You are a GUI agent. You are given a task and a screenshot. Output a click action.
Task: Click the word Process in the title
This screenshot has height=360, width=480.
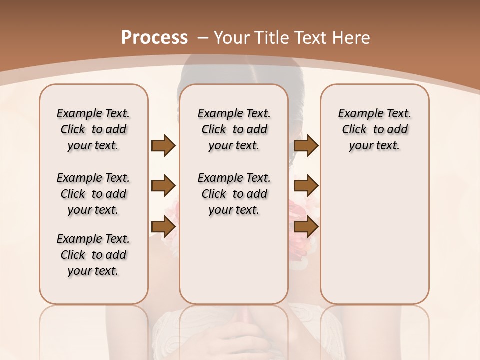click(154, 38)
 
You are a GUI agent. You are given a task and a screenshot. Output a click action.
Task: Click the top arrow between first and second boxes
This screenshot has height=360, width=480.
click(163, 146)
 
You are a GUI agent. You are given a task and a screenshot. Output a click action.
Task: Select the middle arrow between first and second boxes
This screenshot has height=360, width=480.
click(163, 186)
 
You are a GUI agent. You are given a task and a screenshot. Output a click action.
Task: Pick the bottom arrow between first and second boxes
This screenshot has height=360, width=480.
click(163, 227)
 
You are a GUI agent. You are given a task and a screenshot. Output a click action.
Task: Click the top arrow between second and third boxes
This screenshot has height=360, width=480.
click(306, 146)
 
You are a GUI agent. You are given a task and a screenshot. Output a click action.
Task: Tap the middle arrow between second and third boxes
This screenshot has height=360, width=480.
click(306, 186)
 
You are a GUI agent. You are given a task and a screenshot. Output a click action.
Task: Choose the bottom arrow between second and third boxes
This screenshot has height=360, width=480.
click(306, 227)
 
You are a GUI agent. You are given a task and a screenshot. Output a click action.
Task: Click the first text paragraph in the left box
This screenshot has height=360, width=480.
click(93, 130)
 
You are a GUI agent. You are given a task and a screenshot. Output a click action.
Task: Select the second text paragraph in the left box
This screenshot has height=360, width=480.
click(93, 194)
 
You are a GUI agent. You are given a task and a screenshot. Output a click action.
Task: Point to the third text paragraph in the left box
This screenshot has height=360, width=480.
click(93, 255)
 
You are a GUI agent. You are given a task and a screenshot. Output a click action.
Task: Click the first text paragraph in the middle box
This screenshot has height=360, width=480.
click(234, 130)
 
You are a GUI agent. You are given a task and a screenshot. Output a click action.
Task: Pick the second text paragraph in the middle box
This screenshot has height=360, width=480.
click(234, 194)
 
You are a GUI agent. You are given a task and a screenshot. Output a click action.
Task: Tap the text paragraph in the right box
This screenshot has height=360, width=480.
click(375, 130)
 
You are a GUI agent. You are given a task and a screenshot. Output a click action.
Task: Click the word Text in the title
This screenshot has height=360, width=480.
click(315, 38)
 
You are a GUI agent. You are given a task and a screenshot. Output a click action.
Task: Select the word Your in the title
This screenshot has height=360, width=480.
click(231, 38)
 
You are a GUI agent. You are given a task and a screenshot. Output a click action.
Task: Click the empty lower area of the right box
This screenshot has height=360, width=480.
click(375, 240)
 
